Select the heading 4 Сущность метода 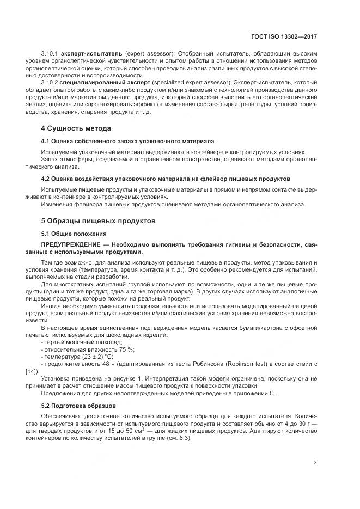pyautogui.click(x=76, y=128)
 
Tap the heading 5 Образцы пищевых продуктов pyautogui.click(x=99, y=221)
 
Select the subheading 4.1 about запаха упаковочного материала pyautogui.click(x=127, y=140)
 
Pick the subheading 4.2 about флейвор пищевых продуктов pyautogui.click(x=158, y=178)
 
